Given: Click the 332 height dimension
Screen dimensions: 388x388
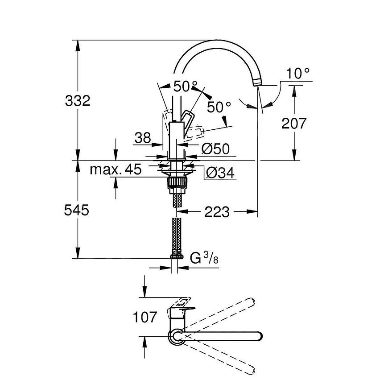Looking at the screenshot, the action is point(78,101).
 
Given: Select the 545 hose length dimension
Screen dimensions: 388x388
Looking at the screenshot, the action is point(76,211).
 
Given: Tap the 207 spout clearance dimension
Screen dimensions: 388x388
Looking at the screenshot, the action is point(294,123).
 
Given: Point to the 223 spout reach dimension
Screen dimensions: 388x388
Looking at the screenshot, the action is point(217,212).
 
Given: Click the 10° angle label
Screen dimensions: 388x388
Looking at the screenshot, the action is point(297,74).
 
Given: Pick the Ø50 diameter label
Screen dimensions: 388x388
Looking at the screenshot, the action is point(215,149).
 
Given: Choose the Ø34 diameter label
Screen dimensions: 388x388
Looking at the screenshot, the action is point(220,173).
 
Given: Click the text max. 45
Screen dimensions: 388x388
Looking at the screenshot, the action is point(116,169).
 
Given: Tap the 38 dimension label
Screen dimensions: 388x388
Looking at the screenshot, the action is point(143,137).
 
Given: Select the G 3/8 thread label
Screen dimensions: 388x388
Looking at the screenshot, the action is point(204,258).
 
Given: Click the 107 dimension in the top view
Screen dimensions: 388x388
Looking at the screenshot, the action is point(145,317).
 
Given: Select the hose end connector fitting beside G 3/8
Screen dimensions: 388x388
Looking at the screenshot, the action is point(177,256).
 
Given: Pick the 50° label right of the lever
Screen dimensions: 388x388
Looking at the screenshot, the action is point(219,107).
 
